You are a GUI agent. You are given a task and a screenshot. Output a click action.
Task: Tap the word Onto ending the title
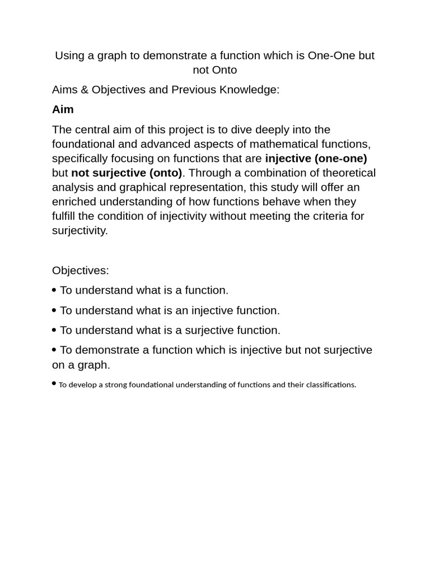click(x=225, y=70)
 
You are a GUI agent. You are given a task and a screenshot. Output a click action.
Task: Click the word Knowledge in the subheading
click(x=250, y=90)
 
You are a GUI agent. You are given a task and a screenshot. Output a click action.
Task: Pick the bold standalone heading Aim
click(x=63, y=109)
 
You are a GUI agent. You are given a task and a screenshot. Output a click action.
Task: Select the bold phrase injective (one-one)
click(x=316, y=159)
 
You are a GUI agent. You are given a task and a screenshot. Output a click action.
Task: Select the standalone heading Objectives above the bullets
click(x=81, y=270)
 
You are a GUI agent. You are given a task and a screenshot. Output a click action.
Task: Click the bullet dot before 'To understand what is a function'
click(x=54, y=290)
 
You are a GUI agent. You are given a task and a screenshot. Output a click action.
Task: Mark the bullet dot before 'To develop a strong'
click(x=54, y=383)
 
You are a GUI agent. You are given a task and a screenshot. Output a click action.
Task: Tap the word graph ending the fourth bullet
click(x=95, y=365)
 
